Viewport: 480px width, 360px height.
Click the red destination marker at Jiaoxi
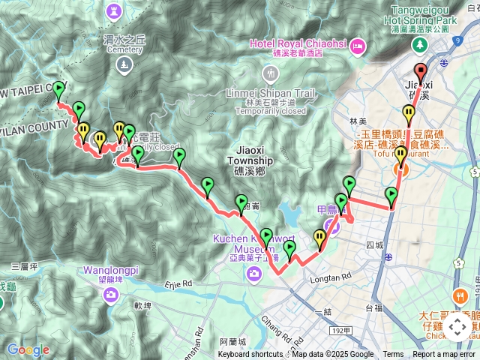point(421,73)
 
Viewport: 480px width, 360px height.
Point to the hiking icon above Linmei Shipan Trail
point(270,73)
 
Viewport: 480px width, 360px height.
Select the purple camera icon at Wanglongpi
point(111,294)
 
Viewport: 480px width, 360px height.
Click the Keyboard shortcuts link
point(250,355)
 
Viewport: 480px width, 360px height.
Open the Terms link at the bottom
point(393,355)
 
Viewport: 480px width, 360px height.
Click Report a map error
point(445,355)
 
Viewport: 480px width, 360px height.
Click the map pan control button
point(457,327)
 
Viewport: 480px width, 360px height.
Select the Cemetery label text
point(124,49)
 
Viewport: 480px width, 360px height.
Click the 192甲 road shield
point(341,331)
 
